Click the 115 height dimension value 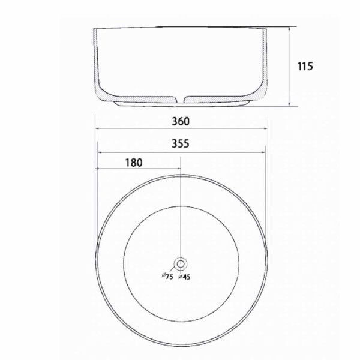tap(305, 67)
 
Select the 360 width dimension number tap(181, 121)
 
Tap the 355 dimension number tap(181, 143)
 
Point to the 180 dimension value tap(134, 163)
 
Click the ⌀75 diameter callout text tap(167, 276)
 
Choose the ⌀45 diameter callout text tap(184, 277)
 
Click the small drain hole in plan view tap(181, 264)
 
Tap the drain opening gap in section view tap(181, 99)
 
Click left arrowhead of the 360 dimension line tap(97, 128)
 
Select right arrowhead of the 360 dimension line tap(266, 128)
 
